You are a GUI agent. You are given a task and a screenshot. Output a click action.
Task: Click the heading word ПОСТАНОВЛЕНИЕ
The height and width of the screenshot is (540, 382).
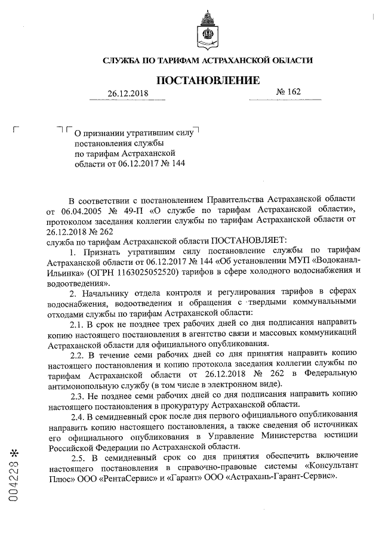point(208,81)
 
